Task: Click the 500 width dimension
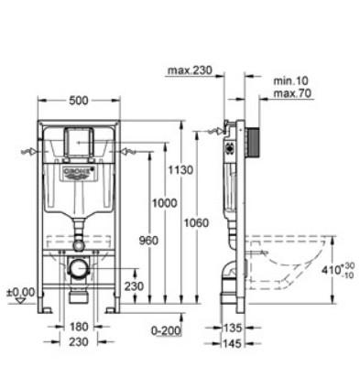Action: point(79,101)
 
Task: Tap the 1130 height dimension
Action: point(180,170)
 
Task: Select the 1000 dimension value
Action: point(165,203)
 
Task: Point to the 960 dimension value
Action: point(148,241)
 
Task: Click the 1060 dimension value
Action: point(196,223)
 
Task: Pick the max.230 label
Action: point(190,70)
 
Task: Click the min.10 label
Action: point(290,81)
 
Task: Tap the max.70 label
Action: point(292,93)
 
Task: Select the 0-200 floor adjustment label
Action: point(166,330)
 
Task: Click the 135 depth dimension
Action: point(233,329)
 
